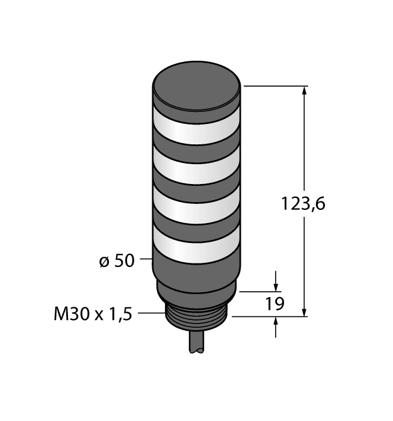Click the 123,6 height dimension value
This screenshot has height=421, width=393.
coord(303,204)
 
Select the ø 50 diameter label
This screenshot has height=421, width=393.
coord(116,261)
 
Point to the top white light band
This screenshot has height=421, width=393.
coord(196,128)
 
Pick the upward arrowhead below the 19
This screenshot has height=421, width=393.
coord(276,322)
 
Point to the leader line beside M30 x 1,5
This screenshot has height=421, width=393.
coord(152,313)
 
